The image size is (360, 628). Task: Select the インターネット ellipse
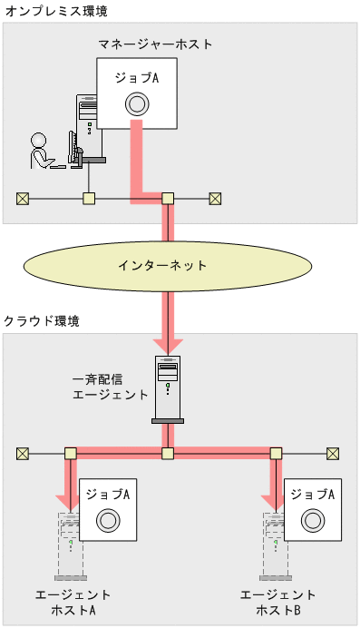coord(163,266)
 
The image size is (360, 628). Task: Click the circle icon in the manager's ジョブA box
coord(136,103)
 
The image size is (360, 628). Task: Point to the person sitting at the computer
coord(41,152)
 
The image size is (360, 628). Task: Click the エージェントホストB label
coord(278,603)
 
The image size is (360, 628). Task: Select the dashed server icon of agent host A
coord(70,545)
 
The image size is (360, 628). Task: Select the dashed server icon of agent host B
coord(275,545)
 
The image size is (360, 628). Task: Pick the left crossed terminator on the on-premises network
coord(22,199)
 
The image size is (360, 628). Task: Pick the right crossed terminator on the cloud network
coord(333,453)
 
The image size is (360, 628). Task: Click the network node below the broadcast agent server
coord(168,453)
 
